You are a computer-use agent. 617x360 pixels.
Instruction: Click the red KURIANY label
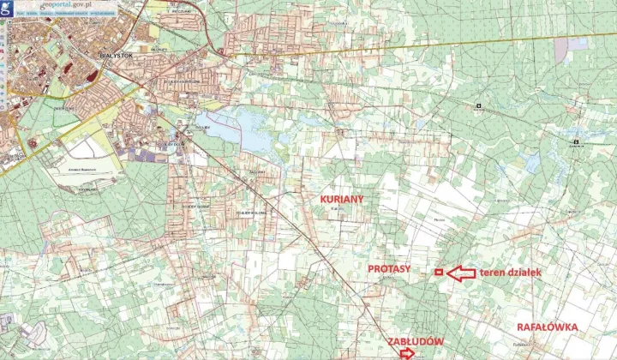[341, 199]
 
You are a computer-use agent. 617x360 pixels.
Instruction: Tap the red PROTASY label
[388, 268]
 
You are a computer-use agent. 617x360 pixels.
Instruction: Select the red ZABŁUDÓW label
[415, 340]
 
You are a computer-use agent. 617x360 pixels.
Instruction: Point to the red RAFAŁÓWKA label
[548, 327]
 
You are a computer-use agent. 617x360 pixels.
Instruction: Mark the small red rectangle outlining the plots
[438, 272]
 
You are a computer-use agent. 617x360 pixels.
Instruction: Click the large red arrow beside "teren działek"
[461, 273]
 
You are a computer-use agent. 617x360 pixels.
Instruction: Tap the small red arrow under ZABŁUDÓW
[406, 352]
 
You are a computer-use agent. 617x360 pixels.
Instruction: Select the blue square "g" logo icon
[8, 7]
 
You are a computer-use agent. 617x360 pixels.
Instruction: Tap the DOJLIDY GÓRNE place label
[200, 206]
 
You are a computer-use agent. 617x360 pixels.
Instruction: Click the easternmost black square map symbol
[576, 142]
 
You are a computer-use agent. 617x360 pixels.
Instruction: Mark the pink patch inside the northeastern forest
[561, 49]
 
